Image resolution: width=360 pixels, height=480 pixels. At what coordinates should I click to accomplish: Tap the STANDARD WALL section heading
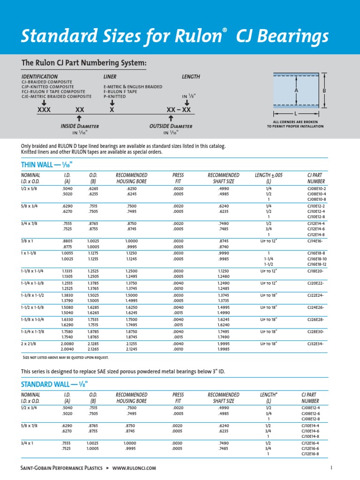pos(54,384)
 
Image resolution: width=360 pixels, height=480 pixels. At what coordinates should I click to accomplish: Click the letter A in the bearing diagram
pos(296,90)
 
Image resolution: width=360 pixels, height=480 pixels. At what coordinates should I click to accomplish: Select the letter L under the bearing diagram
pos(296,114)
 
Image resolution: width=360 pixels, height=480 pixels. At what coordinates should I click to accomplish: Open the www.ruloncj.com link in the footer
pos(134,468)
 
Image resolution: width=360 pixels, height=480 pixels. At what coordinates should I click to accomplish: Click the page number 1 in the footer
pos(331,467)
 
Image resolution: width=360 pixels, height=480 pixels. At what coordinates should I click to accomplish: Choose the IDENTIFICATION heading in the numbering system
pos(40,76)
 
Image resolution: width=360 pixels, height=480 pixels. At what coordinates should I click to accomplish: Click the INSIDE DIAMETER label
pos(80,126)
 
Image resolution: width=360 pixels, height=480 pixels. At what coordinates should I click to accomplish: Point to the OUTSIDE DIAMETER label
pos(171,126)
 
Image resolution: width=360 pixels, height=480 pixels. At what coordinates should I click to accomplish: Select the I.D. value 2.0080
pos(67,344)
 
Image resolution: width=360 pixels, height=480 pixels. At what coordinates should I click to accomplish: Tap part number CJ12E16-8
pos(316,454)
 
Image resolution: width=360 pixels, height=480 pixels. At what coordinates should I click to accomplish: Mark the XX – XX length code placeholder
pos(179,109)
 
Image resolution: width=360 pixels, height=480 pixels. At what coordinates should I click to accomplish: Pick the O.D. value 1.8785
pos(93,331)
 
